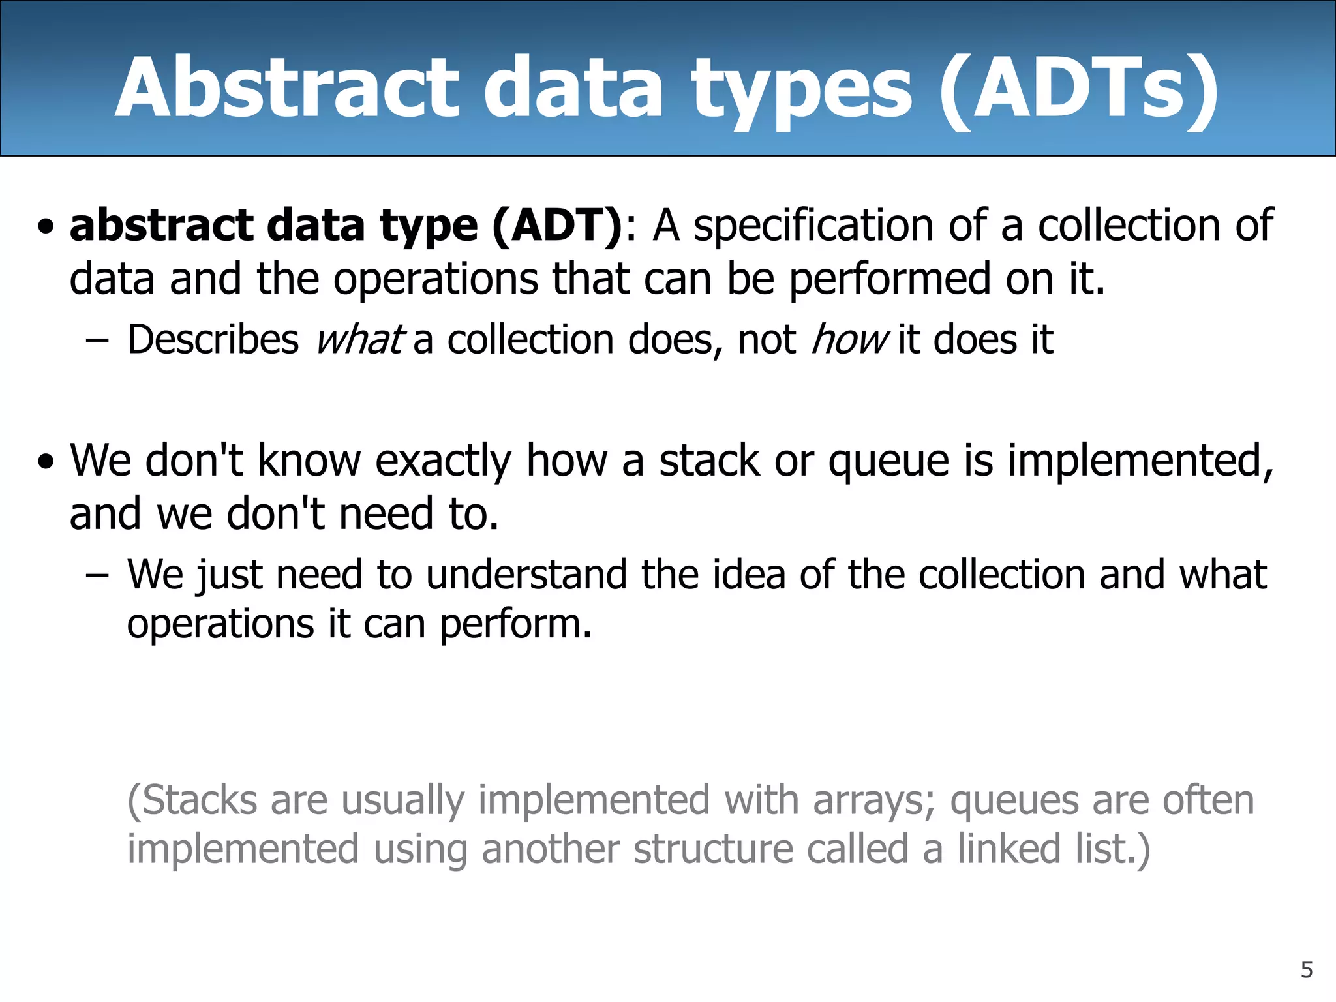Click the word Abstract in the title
coord(287,88)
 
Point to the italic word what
coord(359,340)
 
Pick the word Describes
coord(213,340)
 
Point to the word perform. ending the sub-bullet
coord(515,625)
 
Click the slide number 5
coord(1306,970)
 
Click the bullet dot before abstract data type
coord(46,228)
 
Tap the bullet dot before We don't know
coord(46,463)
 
